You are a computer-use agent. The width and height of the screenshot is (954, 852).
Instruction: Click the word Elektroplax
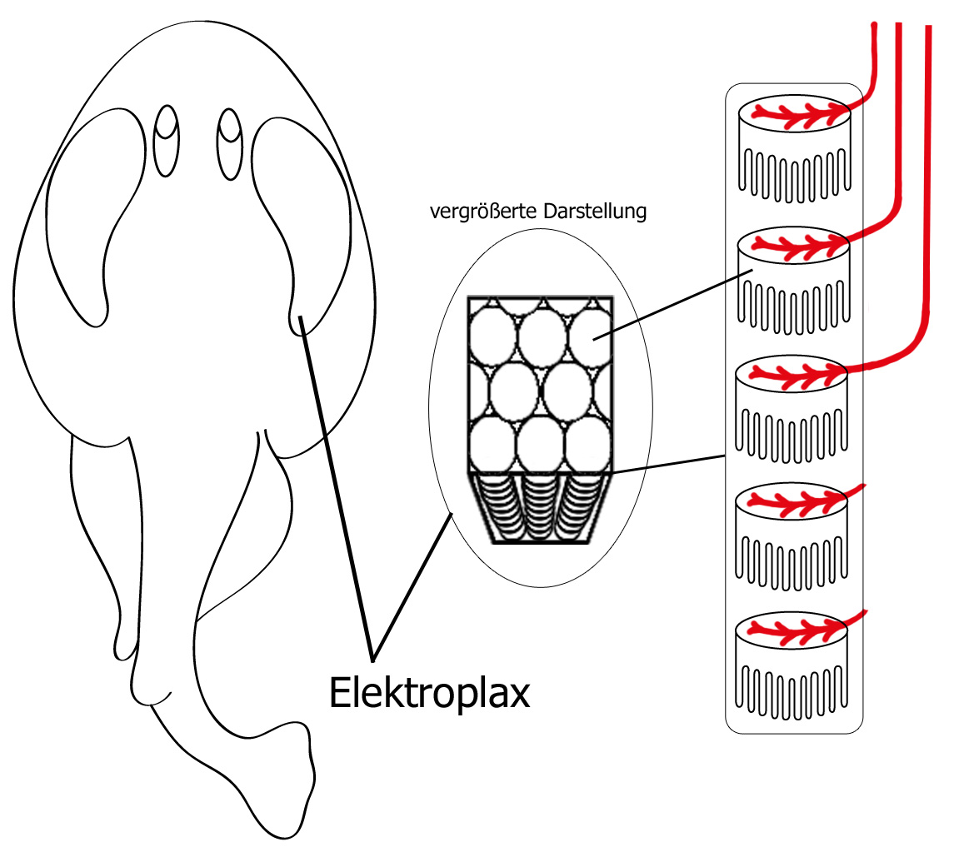[x=430, y=693]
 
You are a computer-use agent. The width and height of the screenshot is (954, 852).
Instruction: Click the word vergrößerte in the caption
[x=483, y=212]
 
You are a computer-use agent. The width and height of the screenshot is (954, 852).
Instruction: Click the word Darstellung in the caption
[x=595, y=212]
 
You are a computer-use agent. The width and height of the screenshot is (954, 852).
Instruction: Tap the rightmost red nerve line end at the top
[x=928, y=29]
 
